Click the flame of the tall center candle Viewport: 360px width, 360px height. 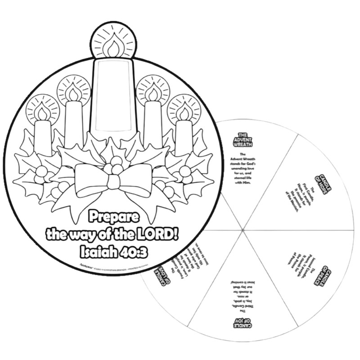point(113,46)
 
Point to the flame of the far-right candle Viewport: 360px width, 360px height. point(184,111)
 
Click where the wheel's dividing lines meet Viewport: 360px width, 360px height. point(243,230)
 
